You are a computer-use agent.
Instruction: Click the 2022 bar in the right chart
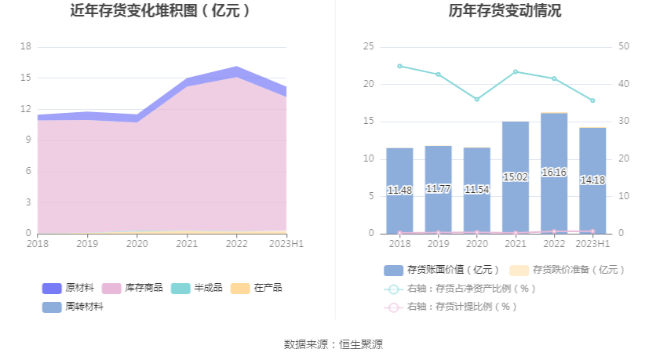(x=554, y=173)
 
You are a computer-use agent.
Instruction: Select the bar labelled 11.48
(x=399, y=191)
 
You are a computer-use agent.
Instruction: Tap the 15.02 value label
(x=516, y=177)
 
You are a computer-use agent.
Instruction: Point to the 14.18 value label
(x=592, y=180)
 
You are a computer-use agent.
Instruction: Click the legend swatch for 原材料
(x=51, y=288)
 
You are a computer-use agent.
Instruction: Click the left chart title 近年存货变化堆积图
(x=160, y=11)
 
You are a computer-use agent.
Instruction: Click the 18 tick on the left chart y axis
(x=25, y=46)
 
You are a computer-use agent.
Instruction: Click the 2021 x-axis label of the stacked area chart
(x=187, y=244)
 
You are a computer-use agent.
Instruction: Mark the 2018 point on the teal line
(x=399, y=66)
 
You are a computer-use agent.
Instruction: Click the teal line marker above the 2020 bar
(x=477, y=100)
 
